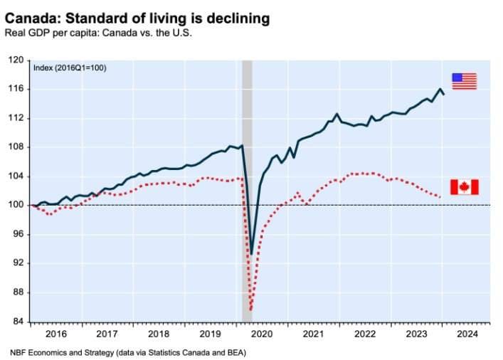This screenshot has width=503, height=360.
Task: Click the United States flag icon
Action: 464,81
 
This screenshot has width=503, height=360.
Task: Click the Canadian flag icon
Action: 464,186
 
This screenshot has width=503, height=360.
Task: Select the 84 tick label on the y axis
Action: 18,322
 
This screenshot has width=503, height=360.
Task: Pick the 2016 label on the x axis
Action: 55,333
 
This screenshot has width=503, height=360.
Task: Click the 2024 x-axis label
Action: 467,333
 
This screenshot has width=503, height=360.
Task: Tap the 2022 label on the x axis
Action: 364,333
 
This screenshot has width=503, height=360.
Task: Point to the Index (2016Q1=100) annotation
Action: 68,68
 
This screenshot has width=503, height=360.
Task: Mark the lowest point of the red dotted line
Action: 251,310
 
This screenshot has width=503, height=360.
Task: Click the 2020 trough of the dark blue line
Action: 252,254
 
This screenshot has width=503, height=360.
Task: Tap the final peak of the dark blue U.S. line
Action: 440,89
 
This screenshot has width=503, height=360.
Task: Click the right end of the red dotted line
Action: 442,197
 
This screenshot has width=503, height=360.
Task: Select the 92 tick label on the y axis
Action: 18,263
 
